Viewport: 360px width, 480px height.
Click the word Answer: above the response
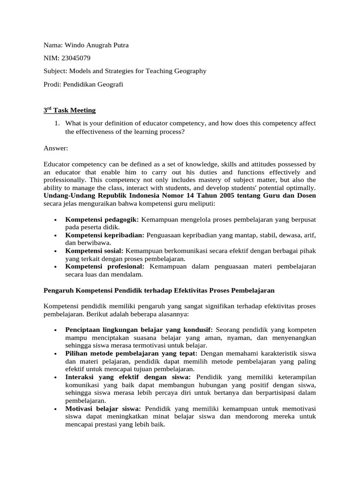coord(56,148)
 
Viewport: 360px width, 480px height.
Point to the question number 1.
coord(57,123)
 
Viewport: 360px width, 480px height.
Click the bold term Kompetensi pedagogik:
coord(102,219)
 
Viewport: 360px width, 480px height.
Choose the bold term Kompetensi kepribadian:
coord(105,235)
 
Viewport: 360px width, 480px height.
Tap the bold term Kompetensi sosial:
coord(94,251)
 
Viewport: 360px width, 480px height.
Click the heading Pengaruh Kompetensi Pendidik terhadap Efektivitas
coord(159,291)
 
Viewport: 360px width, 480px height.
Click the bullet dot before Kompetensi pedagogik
coord(56,219)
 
